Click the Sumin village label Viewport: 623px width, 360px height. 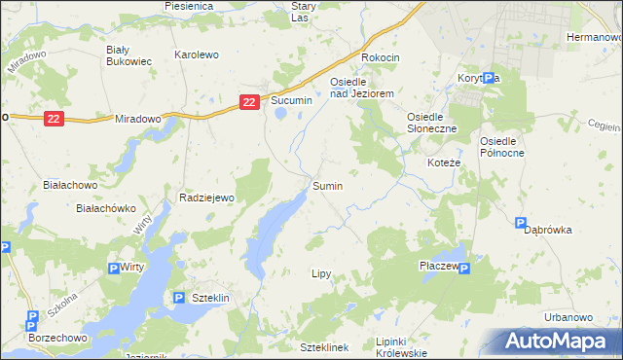pyautogui.click(x=326, y=185)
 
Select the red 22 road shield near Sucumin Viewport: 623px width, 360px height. pyautogui.click(x=250, y=101)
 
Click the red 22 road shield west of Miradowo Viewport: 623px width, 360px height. pyautogui.click(x=55, y=118)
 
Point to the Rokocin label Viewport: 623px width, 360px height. pyautogui.click(x=381, y=57)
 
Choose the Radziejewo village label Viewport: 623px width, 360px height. pyautogui.click(x=208, y=198)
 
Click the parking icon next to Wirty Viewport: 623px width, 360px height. pyautogui.click(x=113, y=269)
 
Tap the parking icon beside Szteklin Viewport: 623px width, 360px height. pyautogui.click(x=178, y=298)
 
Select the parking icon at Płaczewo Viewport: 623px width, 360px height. pyautogui.click(x=463, y=269)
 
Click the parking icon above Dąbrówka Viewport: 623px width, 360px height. pyautogui.click(x=521, y=223)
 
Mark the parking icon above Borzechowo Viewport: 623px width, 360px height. pyautogui.click(x=31, y=316)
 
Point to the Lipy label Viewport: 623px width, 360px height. pyautogui.click(x=322, y=274)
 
